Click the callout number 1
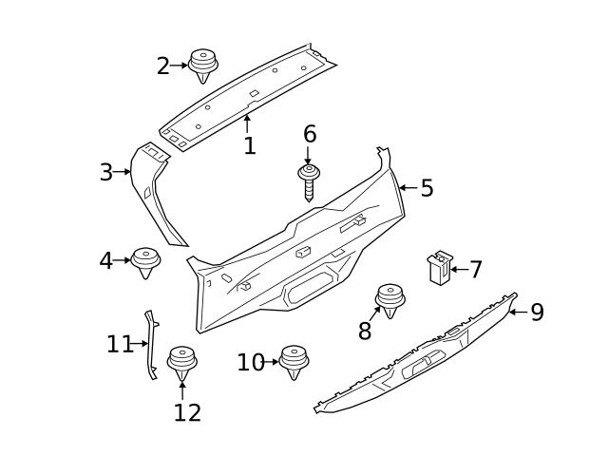[249, 146]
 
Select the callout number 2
[162, 66]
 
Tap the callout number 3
[106, 173]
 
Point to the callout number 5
[427, 188]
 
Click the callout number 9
[537, 313]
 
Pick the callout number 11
[120, 344]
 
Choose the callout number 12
[187, 412]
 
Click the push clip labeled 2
[202, 66]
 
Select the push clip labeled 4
[145, 261]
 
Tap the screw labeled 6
[309, 180]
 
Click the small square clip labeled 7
[439, 268]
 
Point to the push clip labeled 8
[389, 298]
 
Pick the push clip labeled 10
[294, 361]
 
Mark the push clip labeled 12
[181, 363]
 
